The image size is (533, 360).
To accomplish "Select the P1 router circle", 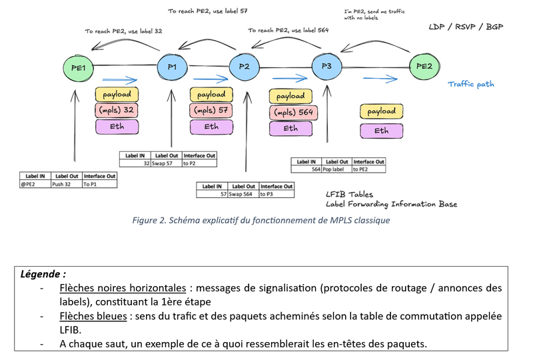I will click(171, 67).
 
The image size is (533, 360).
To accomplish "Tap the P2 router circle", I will click(244, 67).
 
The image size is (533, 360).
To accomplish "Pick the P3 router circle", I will click(326, 67).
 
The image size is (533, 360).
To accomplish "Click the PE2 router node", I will click(424, 67).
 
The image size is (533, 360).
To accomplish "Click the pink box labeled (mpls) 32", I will click(118, 109).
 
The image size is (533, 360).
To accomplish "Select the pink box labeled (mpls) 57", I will click(211, 109).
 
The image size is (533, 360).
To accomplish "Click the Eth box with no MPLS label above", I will click(381, 131).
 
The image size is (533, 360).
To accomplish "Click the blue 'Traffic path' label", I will click(470, 85).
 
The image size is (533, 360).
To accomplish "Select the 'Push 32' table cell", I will click(66, 183).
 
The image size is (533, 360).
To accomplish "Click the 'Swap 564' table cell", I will click(243, 193).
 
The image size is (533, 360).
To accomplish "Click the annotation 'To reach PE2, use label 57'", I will click(209, 11).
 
